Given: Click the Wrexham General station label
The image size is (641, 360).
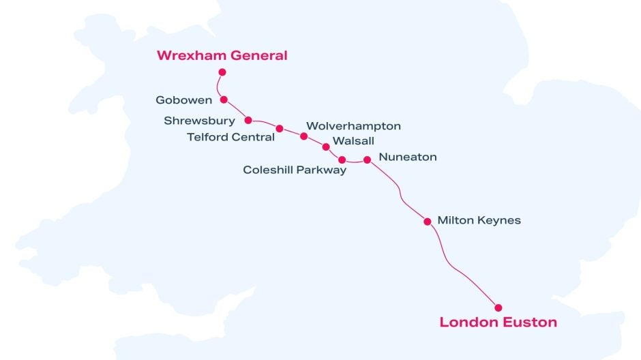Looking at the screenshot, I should [222, 56].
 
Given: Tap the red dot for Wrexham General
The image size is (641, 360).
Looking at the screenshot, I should [222, 72].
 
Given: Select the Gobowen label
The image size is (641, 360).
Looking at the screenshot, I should [183, 100].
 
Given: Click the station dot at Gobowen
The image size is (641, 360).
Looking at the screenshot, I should [224, 100].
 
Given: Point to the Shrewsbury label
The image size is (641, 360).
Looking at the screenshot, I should [199, 121].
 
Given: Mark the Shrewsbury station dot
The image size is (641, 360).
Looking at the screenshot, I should [248, 120].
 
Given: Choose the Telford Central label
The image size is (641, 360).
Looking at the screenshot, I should [230, 137].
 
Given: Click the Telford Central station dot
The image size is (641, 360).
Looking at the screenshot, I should [279, 128].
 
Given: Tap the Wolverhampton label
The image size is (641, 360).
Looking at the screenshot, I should [353, 126].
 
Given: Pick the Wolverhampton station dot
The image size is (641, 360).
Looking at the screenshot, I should [303, 136].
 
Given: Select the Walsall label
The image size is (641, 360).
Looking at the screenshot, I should [353, 141].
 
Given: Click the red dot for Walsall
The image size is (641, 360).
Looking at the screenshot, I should [325, 146].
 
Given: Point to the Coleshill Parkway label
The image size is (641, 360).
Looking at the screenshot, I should [295, 170].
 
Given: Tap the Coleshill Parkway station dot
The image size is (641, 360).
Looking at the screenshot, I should [342, 160].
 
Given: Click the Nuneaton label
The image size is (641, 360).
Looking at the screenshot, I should [407, 157].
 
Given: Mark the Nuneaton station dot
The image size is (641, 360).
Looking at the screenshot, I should [367, 160].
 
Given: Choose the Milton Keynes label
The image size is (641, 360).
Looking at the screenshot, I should [479, 220].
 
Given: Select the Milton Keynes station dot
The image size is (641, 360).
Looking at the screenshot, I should [428, 222].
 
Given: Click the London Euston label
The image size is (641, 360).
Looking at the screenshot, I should [498, 322].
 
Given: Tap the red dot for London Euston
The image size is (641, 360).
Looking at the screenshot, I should [498, 307].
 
